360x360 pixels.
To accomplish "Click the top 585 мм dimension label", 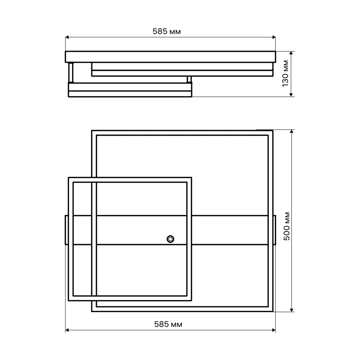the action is [x=167, y=31].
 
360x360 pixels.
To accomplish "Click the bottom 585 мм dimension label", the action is [x=168, y=324].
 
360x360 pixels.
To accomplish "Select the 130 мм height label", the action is [x=285, y=73].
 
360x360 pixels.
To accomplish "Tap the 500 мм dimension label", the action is [x=287, y=226].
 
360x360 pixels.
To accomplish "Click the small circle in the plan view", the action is [x=170, y=239].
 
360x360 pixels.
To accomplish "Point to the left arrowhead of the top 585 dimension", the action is [x=67, y=37].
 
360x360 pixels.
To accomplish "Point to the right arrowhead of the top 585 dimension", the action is [x=274, y=37].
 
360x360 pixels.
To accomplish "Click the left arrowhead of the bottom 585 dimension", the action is [x=67, y=330].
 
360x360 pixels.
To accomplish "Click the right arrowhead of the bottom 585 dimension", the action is [x=274, y=330].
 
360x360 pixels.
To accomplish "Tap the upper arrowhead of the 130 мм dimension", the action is [x=291, y=53].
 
